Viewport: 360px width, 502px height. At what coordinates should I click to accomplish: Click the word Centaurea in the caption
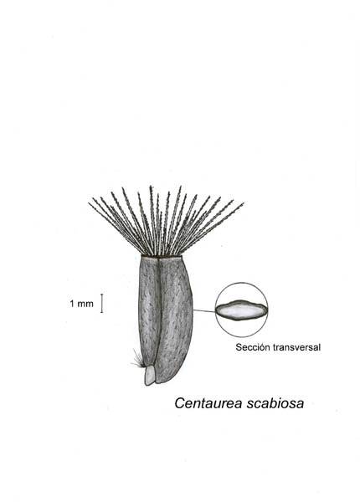[x=208, y=403]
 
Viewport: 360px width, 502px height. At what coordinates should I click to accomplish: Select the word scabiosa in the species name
[x=275, y=403]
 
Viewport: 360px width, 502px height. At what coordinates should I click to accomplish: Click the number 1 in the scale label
[x=72, y=304]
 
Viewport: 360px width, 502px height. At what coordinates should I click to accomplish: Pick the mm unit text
[x=85, y=305]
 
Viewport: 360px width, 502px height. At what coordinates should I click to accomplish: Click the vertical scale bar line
[x=102, y=303]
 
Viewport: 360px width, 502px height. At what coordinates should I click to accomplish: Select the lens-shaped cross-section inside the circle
[x=241, y=310]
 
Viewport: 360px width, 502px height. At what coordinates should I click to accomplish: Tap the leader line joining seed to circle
[x=204, y=310]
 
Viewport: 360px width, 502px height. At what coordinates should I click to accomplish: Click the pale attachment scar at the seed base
[x=150, y=376]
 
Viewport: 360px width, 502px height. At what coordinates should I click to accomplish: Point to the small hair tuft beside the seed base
[x=138, y=359]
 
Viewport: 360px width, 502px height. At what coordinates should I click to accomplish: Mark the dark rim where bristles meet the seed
[x=162, y=256]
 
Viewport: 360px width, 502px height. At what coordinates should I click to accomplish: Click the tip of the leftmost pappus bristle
[x=89, y=203]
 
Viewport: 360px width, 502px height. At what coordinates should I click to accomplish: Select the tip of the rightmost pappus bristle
[x=244, y=203]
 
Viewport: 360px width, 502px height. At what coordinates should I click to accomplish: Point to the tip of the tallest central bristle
[x=151, y=186]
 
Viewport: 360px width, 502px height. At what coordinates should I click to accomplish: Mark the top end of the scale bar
[x=102, y=294]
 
